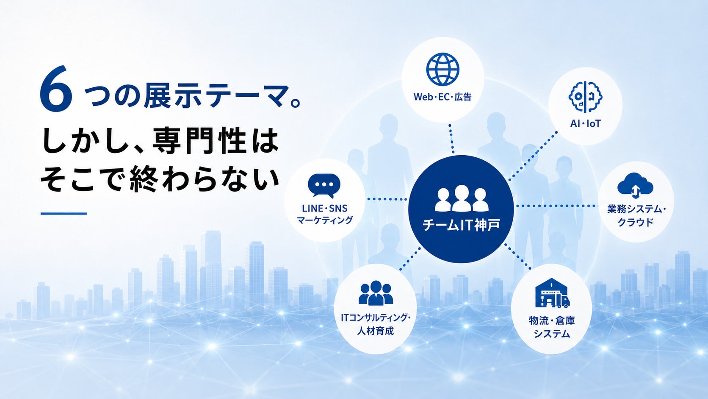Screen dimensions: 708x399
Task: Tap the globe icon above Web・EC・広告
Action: click(442, 69)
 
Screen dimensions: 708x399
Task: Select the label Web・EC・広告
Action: click(442, 97)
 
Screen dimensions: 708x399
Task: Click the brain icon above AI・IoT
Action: click(585, 97)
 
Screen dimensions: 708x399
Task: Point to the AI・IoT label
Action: click(585, 123)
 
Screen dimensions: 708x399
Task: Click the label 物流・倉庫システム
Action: click(552, 327)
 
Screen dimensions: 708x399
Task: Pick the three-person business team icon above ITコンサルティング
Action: click(376, 293)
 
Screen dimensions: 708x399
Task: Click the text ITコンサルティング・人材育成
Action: click(376, 324)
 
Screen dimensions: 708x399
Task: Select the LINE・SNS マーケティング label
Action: click(325, 214)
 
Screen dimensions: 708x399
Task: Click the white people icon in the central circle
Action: click(462, 198)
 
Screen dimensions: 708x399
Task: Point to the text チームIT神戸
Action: click(461, 225)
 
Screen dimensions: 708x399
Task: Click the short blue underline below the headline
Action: click(64, 214)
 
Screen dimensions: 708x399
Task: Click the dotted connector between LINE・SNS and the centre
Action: click(387, 199)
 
